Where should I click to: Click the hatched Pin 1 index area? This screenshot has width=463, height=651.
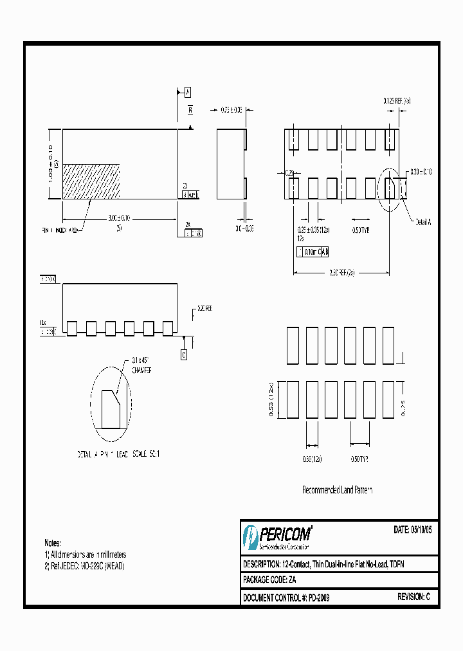point(91,181)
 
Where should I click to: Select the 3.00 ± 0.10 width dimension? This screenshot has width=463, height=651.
point(119,219)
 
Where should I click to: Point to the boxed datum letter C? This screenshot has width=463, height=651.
point(183,354)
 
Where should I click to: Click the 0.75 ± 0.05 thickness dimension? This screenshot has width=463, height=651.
point(231,110)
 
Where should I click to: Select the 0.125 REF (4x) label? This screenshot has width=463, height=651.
point(397,101)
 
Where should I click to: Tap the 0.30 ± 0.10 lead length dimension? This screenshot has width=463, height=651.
point(421,172)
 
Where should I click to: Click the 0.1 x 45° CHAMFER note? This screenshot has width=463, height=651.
point(141,367)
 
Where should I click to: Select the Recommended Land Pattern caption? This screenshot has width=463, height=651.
point(337,490)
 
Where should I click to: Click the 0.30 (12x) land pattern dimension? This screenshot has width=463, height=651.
point(312,459)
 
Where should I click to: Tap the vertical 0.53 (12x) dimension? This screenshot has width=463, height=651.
point(271,400)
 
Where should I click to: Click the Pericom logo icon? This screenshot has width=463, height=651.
point(250,535)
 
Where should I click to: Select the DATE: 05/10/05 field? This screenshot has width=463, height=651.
point(412,530)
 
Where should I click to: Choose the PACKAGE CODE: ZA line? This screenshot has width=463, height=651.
point(270,580)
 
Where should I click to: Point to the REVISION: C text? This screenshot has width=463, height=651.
point(413,598)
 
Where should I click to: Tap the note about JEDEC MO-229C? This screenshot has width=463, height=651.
point(84,566)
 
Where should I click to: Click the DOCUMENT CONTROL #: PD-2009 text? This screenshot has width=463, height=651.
point(286,598)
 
